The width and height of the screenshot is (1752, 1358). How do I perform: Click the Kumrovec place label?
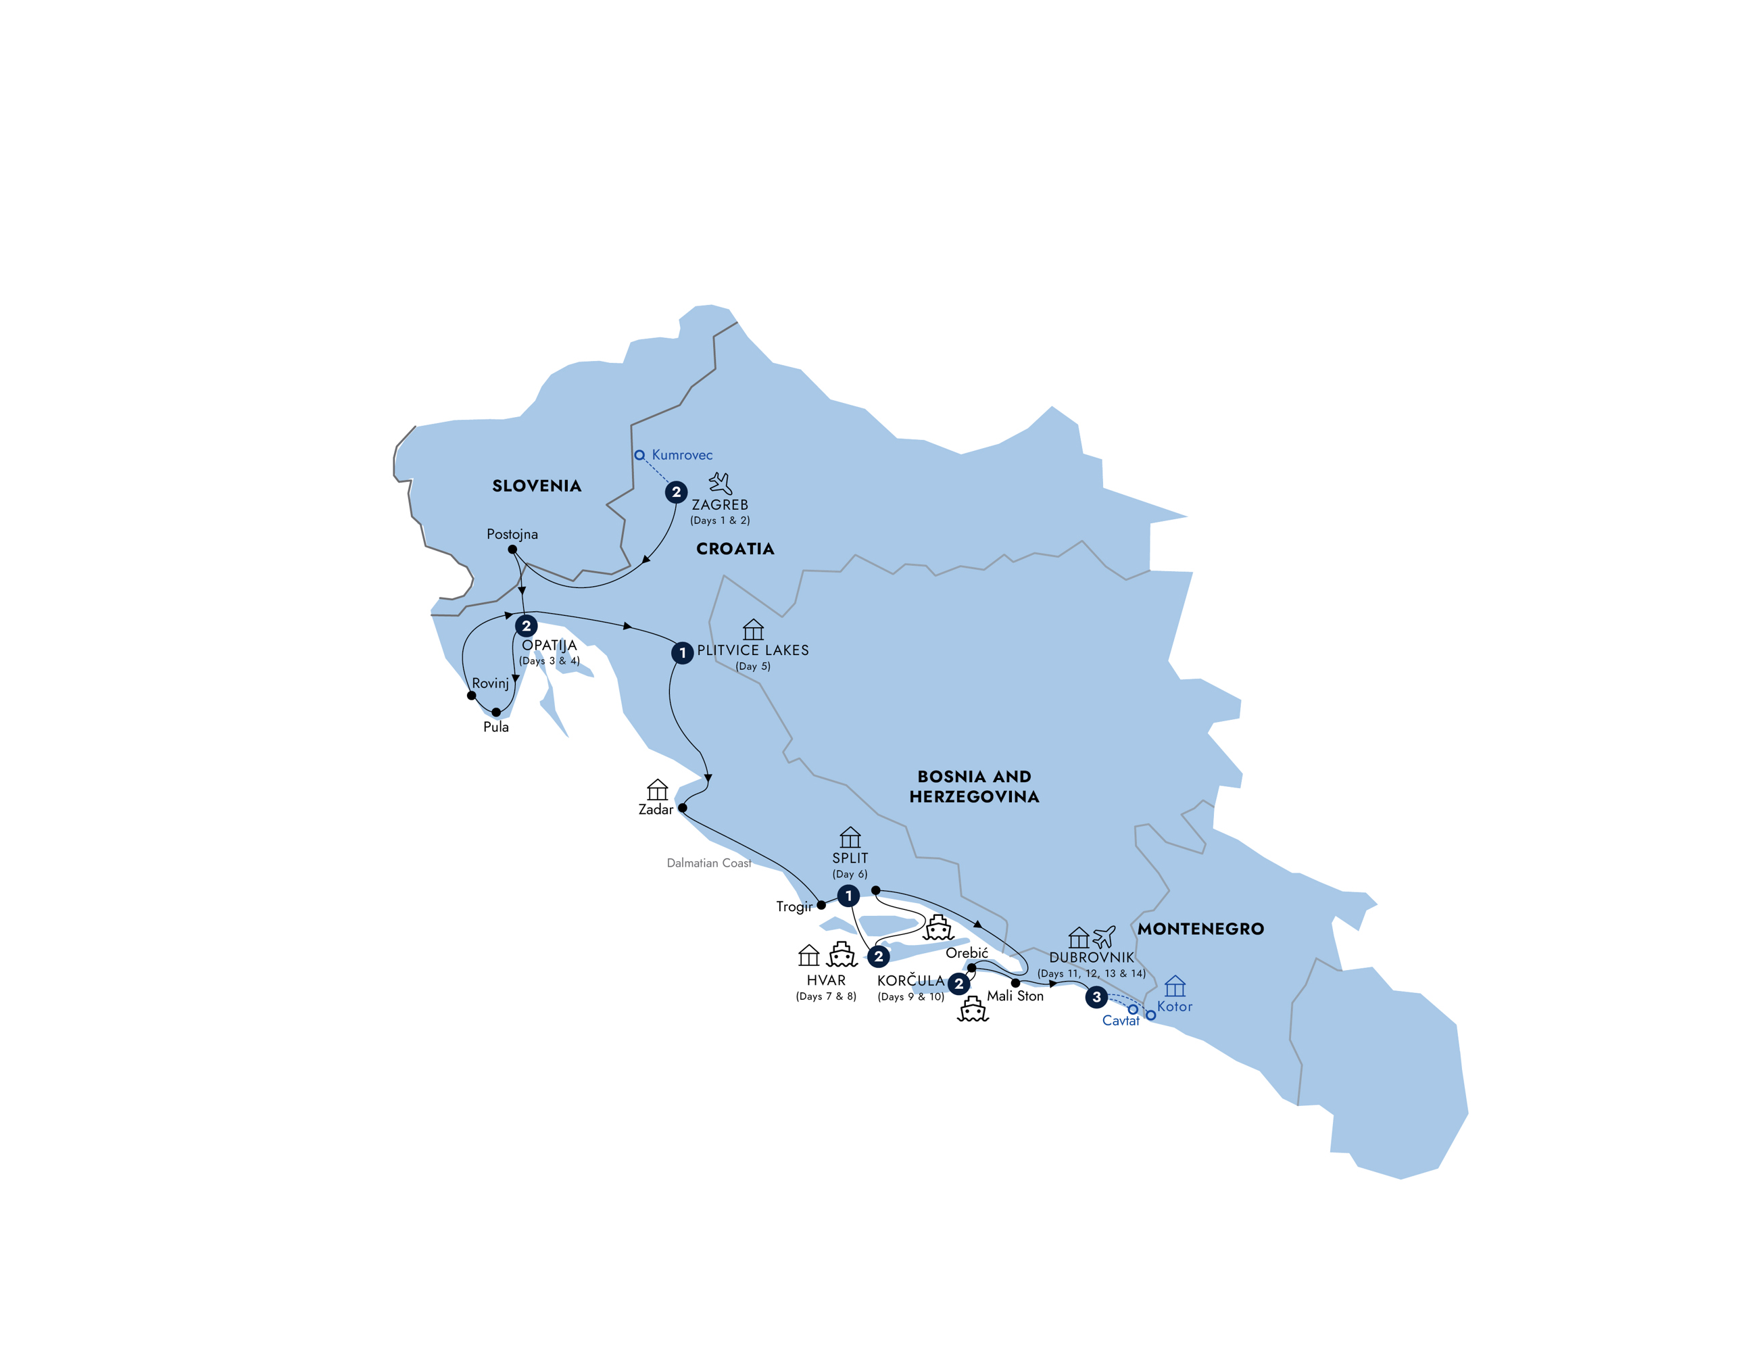coord(682,455)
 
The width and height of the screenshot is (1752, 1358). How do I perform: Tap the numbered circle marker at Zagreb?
coord(676,491)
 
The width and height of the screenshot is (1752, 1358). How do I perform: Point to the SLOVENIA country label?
coord(537,486)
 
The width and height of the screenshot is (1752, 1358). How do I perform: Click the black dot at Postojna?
coord(512,550)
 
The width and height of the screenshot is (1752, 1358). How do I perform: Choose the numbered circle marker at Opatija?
coord(527,626)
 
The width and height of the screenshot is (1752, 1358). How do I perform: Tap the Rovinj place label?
coord(490,683)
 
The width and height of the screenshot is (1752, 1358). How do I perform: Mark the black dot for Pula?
coord(495,712)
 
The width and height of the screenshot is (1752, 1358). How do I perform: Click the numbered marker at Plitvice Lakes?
coord(682,653)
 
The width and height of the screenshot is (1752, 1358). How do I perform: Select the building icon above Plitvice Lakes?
coord(753,630)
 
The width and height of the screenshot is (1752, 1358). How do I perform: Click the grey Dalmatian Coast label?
coord(709,863)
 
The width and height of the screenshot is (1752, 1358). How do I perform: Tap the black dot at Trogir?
coord(821,905)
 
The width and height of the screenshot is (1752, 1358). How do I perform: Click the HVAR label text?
coord(826,980)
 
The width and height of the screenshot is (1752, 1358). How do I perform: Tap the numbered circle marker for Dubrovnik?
coord(1096,997)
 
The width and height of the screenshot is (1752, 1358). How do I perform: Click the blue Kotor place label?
coord(1174,1007)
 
